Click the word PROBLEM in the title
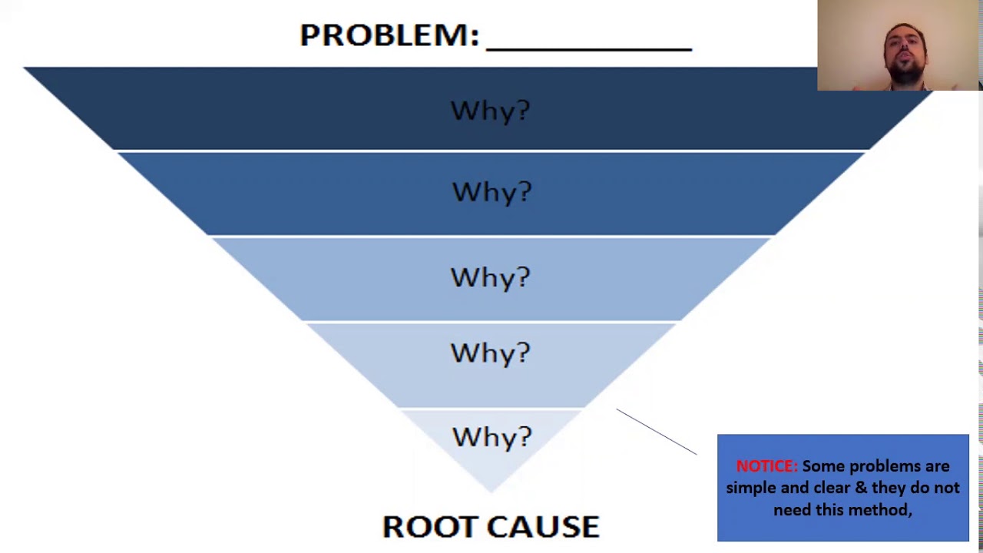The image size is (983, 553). pyautogui.click(x=388, y=35)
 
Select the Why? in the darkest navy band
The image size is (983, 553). pyautogui.click(x=490, y=111)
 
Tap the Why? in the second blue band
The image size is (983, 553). pyautogui.click(x=491, y=192)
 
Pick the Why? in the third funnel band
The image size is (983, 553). pyautogui.click(x=490, y=277)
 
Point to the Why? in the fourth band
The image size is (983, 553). pyautogui.click(x=490, y=353)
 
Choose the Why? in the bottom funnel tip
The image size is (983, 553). pyautogui.click(x=491, y=437)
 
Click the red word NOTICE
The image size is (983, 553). pyautogui.click(x=766, y=466)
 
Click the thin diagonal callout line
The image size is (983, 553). pyautogui.click(x=656, y=432)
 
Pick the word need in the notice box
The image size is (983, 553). pyautogui.click(x=791, y=510)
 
